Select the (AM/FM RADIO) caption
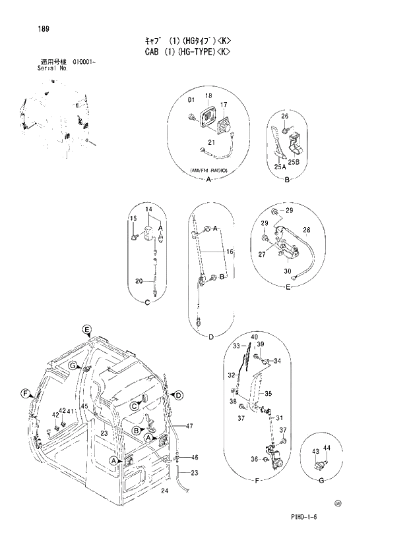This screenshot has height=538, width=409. (x=208, y=171)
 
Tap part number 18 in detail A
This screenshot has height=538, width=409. (x=208, y=96)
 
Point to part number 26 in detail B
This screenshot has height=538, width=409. (x=285, y=117)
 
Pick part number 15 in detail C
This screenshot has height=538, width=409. (x=133, y=218)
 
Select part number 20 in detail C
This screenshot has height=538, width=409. (x=139, y=281)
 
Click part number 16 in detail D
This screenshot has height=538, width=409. (x=230, y=252)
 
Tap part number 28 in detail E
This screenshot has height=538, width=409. (x=307, y=230)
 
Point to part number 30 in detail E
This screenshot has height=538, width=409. (x=288, y=271)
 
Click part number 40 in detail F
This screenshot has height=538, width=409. (x=254, y=336)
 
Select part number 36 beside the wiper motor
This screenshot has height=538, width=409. (x=254, y=459)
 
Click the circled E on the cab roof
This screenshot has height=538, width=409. (x=86, y=329)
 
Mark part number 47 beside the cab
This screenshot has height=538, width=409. (x=189, y=426)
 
